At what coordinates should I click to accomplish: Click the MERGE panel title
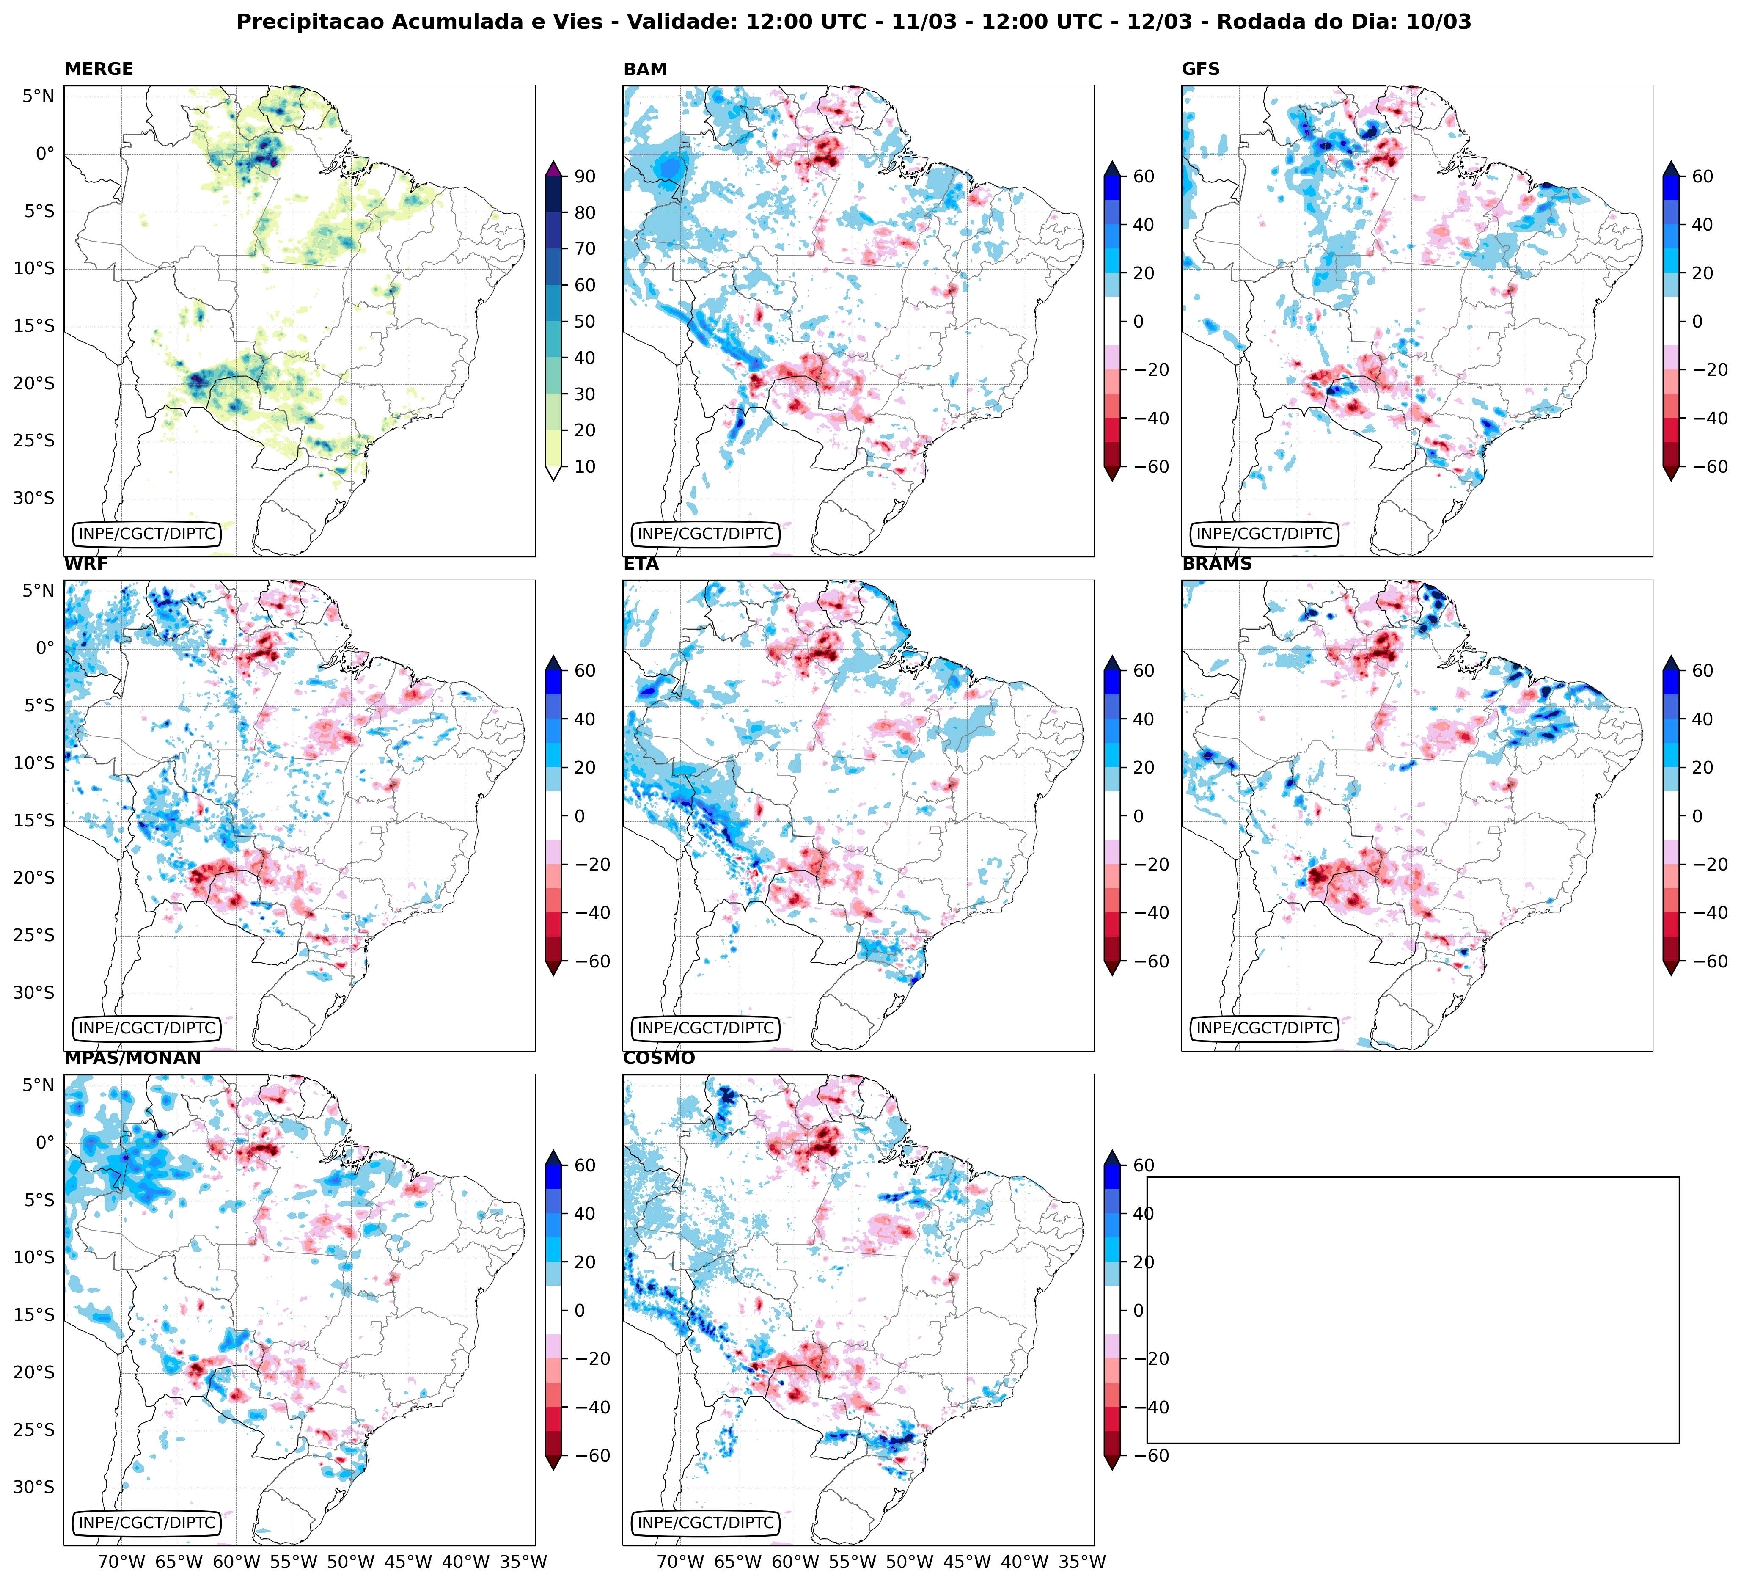tap(99, 69)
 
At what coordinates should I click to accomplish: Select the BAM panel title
tap(645, 69)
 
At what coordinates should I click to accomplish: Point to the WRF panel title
tap(85, 564)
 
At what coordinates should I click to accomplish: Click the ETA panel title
tap(641, 564)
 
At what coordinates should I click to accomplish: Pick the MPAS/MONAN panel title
tap(132, 1058)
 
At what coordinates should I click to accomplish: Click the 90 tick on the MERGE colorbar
tap(585, 176)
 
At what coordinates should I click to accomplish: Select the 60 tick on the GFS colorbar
tap(1702, 176)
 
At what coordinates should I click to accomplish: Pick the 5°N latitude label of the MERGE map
tap(38, 96)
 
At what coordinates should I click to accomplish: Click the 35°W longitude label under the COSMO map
tap(1082, 1562)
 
